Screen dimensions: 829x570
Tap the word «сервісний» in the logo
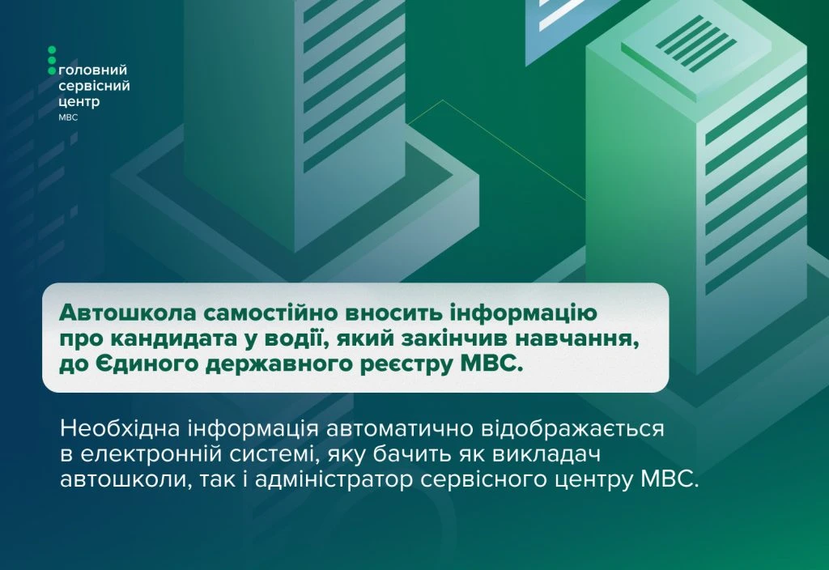[x=94, y=86]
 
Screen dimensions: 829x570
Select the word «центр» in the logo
[x=79, y=101]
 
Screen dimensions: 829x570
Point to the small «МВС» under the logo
[x=68, y=117]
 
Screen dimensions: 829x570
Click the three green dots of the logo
[x=52, y=60]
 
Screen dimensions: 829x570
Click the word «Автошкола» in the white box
[x=127, y=313]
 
